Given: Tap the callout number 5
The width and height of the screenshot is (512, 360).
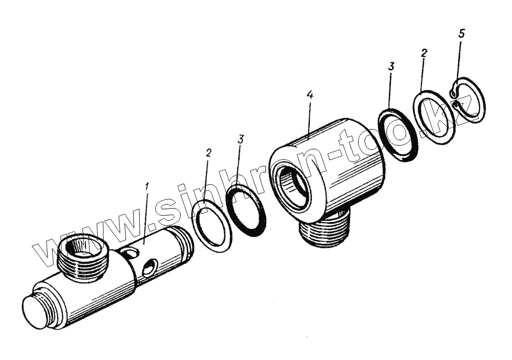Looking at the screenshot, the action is click(x=462, y=33).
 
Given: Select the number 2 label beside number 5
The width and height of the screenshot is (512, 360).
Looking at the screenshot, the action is click(x=423, y=53).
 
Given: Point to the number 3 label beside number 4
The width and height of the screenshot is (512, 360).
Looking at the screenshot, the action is click(x=391, y=67).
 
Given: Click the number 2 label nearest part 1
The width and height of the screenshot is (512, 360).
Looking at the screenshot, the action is click(x=209, y=153).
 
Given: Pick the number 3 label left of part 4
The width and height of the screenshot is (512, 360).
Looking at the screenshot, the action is click(x=240, y=140).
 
